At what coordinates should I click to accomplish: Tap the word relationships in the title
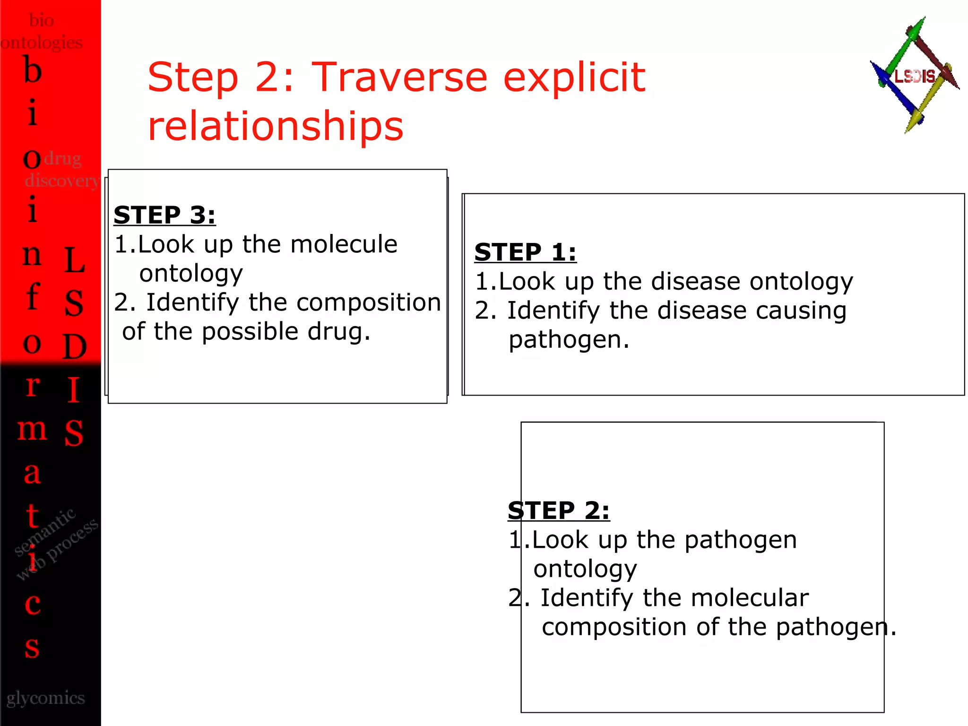[x=276, y=126]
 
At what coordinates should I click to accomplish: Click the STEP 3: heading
[x=164, y=216]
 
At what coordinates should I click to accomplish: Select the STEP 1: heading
[x=525, y=252]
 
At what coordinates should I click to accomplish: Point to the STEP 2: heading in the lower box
[x=558, y=510]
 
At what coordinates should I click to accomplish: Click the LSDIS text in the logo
[x=915, y=76]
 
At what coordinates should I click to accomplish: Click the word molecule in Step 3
[x=344, y=244]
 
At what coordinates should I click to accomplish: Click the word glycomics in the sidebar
[x=45, y=698]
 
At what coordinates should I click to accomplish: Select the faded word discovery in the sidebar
[x=61, y=181]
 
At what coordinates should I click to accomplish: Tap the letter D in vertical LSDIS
[x=74, y=346]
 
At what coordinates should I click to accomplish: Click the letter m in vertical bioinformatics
[x=32, y=430]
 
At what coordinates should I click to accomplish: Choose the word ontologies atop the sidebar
[x=42, y=43]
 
